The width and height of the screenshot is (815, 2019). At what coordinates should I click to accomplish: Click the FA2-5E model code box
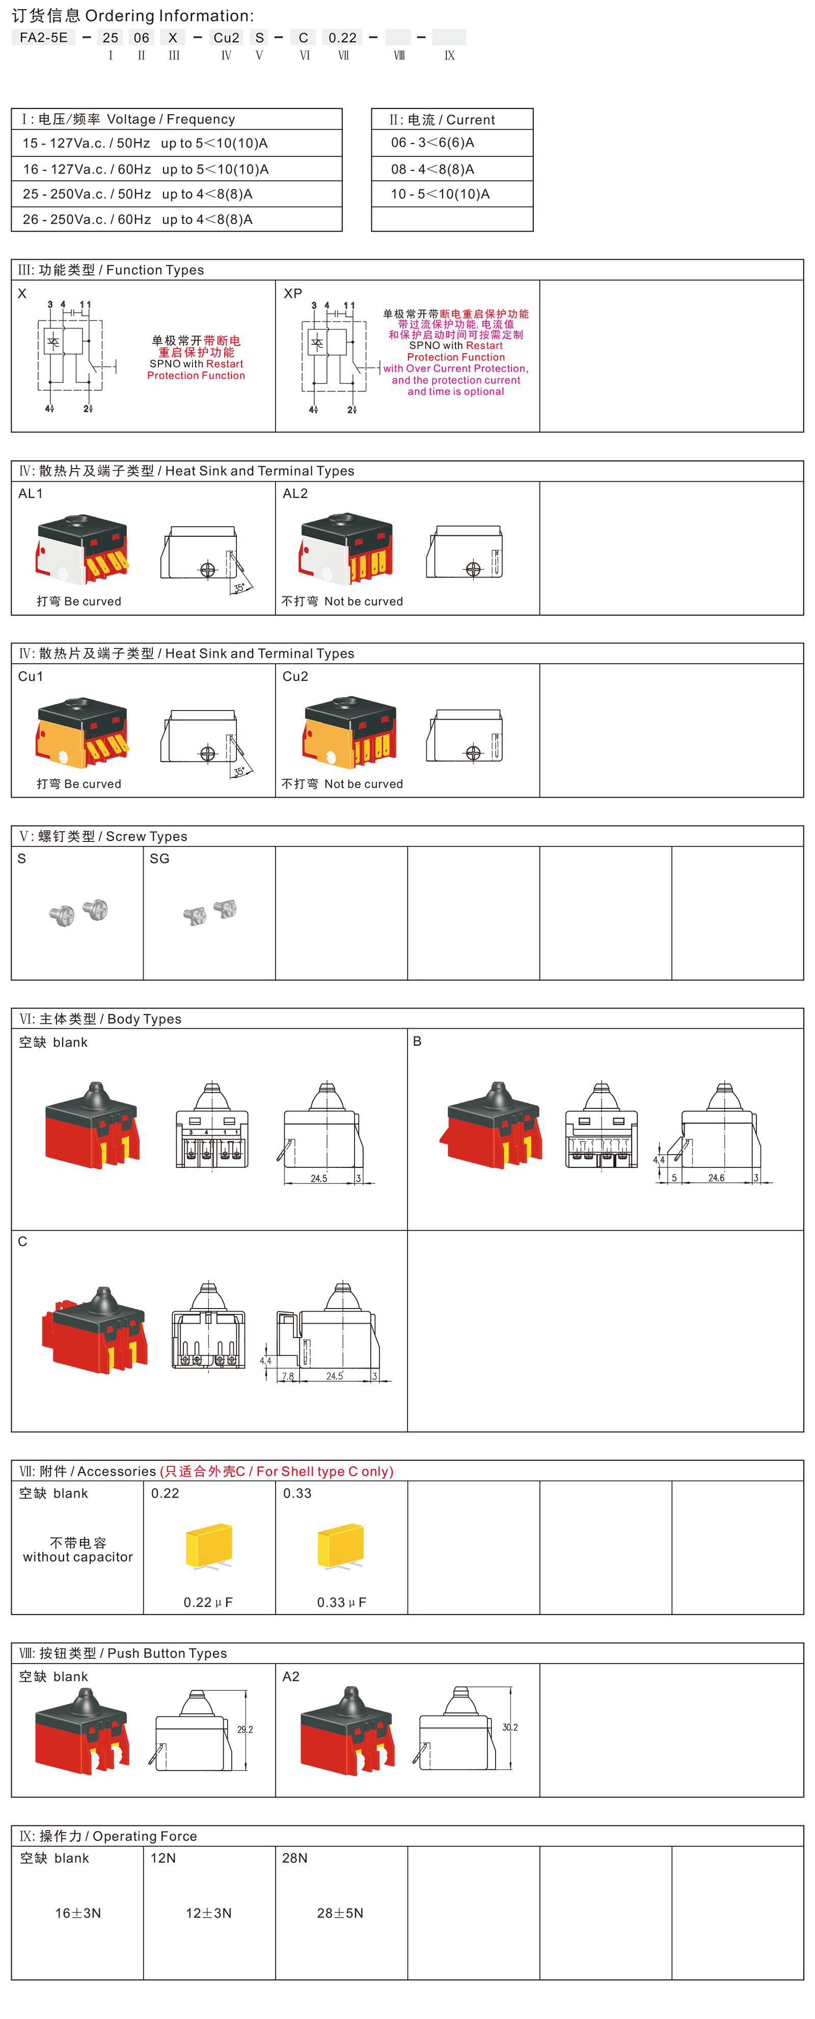[x=44, y=38]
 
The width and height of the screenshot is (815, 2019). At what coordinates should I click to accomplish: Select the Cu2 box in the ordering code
[x=227, y=38]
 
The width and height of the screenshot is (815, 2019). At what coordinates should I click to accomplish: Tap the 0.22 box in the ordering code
[x=342, y=38]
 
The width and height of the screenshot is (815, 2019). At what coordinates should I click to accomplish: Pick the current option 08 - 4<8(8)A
[x=432, y=169]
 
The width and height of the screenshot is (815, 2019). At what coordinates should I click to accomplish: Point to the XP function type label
[x=293, y=293]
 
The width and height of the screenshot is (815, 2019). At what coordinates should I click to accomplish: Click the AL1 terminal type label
[x=31, y=494]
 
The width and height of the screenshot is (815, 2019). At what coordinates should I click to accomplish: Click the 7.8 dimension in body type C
[x=288, y=1376]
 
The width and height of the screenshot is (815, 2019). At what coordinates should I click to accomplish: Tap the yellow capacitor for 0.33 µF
[x=341, y=1546]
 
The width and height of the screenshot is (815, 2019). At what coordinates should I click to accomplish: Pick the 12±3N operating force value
[x=208, y=1913]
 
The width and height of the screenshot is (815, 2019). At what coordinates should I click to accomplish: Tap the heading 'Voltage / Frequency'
[x=171, y=119]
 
